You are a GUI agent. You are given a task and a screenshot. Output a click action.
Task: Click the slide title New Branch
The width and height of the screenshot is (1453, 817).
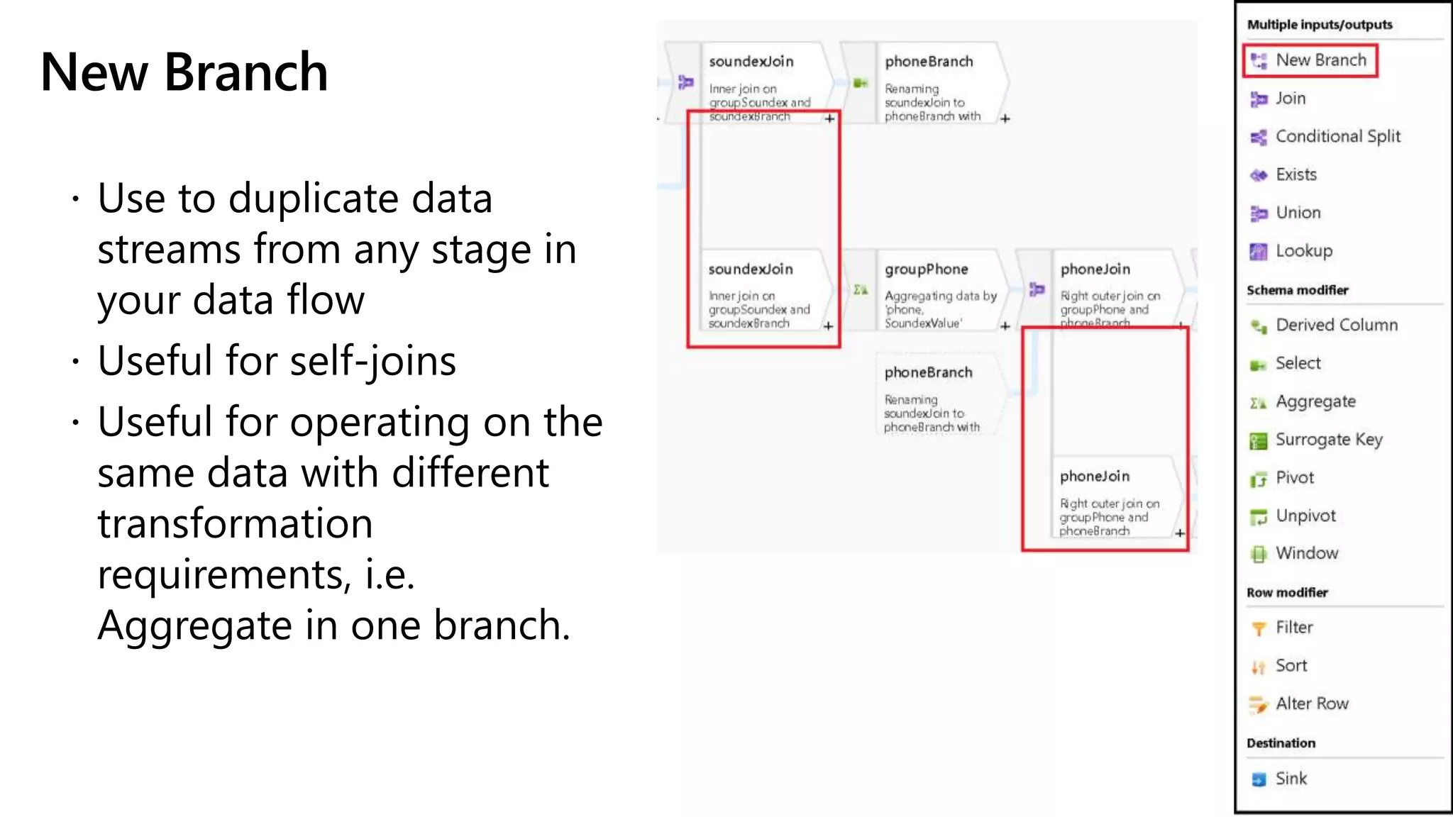(x=184, y=72)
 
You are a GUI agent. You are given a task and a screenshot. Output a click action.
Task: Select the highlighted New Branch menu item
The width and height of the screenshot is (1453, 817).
(x=1320, y=60)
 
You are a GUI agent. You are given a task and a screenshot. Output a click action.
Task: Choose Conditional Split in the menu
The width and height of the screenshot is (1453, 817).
(x=1337, y=136)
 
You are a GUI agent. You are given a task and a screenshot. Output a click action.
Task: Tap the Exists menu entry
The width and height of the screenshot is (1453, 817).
(x=1295, y=174)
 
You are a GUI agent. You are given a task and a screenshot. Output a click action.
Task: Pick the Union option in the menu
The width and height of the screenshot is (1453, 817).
(x=1298, y=213)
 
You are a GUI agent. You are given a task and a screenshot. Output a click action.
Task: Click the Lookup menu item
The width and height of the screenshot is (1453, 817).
(x=1303, y=251)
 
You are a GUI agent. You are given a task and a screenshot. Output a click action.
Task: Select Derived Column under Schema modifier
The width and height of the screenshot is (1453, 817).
(x=1336, y=325)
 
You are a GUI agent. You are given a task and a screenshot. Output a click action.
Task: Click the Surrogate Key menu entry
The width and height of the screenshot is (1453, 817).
(x=1328, y=440)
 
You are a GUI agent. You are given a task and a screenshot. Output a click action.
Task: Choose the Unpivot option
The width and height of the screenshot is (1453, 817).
(x=1305, y=516)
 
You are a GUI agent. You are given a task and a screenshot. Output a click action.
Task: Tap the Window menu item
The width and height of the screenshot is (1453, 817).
(x=1306, y=553)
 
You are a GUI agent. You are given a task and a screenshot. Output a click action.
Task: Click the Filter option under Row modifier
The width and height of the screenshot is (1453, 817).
(x=1294, y=628)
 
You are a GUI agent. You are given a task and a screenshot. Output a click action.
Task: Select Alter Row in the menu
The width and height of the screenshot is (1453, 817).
(x=1311, y=704)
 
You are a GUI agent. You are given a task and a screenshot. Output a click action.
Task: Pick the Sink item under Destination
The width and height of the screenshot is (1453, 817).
(x=1291, y=779)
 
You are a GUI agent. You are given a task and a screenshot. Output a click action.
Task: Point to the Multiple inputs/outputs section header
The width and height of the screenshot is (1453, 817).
(x=1320, y=25)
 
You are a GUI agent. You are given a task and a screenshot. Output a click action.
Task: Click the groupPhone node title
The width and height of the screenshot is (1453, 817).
(x=926, y=269)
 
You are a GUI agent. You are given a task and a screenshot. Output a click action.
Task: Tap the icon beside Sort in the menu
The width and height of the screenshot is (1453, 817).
(x=1258, y=667)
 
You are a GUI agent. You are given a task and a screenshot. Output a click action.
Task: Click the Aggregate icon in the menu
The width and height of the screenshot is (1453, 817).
(x=1258, y=403)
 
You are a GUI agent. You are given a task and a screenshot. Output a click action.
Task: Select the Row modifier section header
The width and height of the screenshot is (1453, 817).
(x=1287, y=593)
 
